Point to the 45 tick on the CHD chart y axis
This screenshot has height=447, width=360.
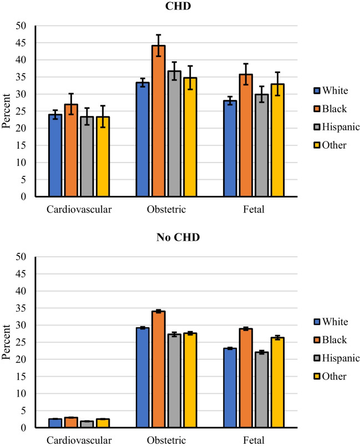pyautogui.click(x=22, y=43)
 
